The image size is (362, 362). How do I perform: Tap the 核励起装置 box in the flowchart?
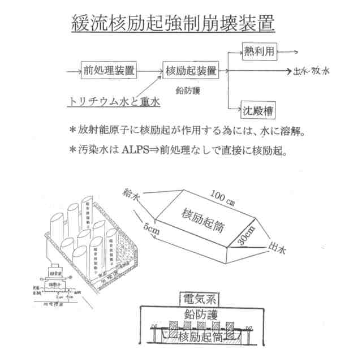[x=191, y=71]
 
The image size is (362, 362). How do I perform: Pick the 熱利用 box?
[x=260, y=52]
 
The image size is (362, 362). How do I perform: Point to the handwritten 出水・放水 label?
[x=312, y=71]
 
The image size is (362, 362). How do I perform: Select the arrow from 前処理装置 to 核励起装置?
[x=149, y=71]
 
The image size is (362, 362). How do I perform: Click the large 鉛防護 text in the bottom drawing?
[x=202, y=315]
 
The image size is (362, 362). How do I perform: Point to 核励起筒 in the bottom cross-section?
[x=200, y=338]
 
